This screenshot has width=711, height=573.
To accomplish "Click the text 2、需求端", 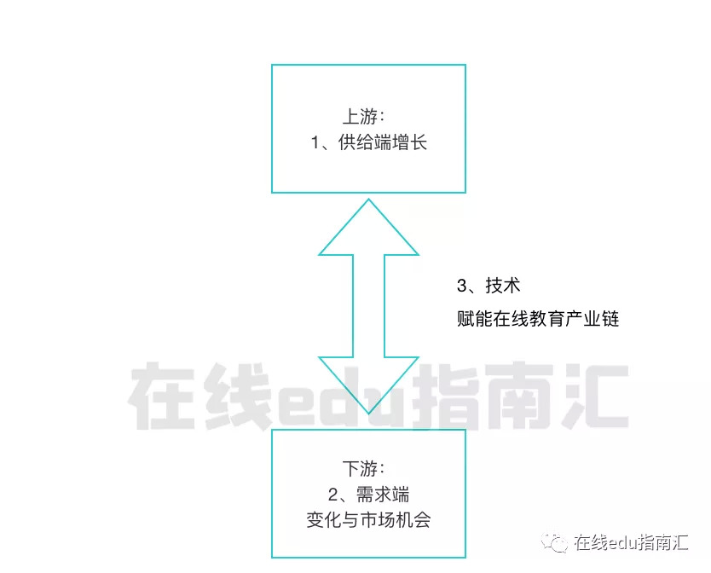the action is point(368,495).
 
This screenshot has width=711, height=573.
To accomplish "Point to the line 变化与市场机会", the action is point(368,519).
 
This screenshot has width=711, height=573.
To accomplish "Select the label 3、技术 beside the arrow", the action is point(488,286).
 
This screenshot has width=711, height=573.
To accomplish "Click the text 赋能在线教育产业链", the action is point(537,320).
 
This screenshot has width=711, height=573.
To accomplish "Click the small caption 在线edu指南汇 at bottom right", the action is point(631,543).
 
